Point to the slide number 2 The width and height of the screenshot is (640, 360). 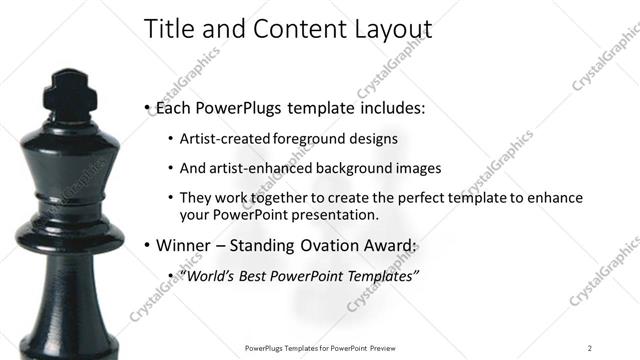click(x=590, y=347)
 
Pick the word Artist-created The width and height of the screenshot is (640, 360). click(x=221, y=138)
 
